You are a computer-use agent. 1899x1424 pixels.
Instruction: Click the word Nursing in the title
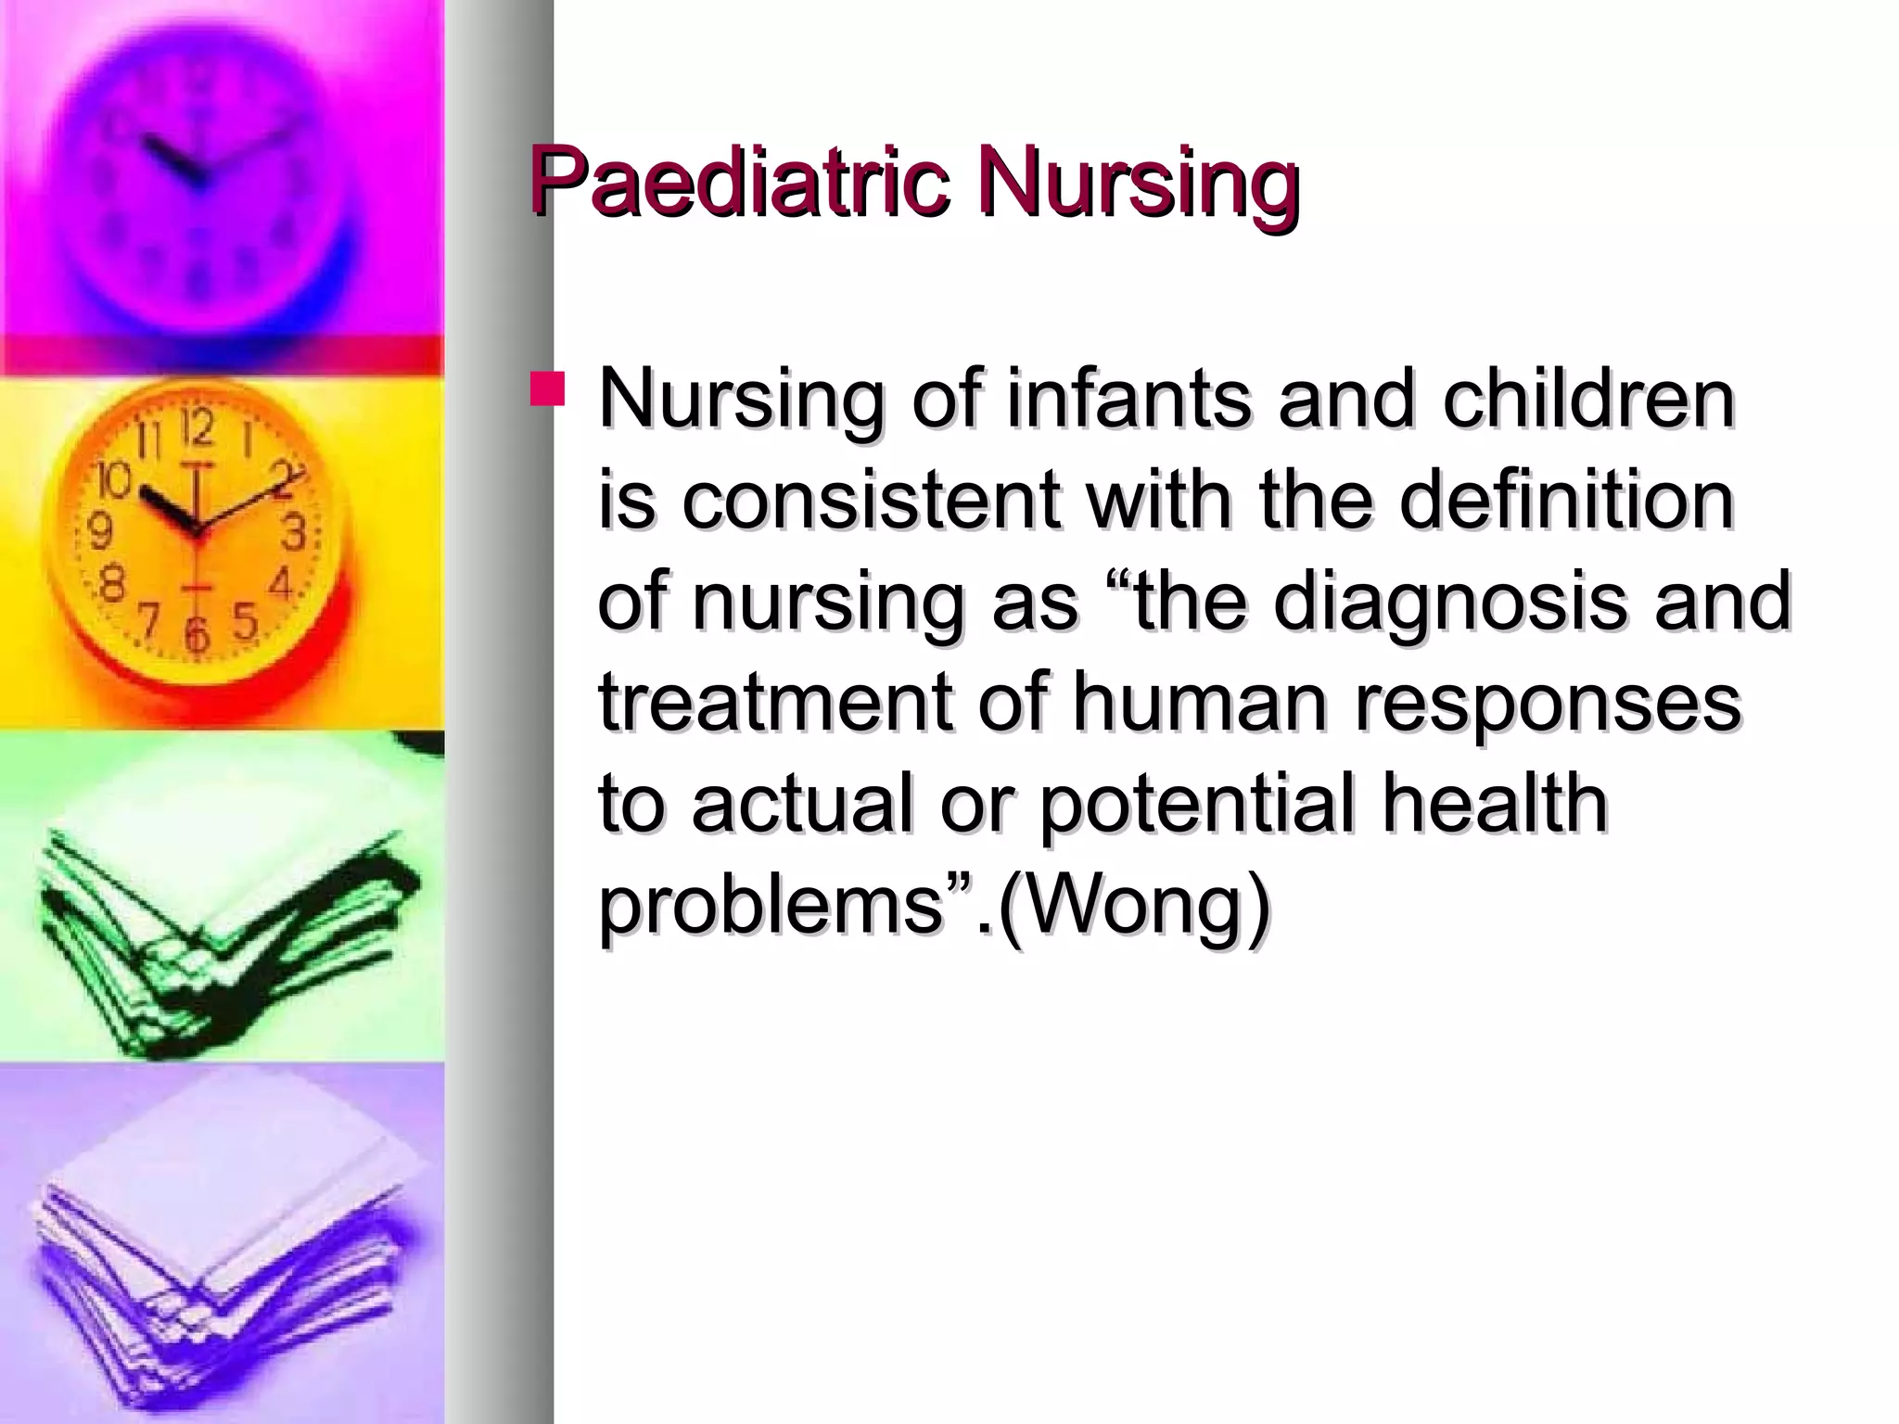tap(1139, 181)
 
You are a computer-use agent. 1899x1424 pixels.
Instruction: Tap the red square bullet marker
tap(547, 389)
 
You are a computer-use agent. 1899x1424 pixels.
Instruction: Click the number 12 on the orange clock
tap(197, 428)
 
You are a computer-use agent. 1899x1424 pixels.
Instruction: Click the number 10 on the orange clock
tap(115, 481)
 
